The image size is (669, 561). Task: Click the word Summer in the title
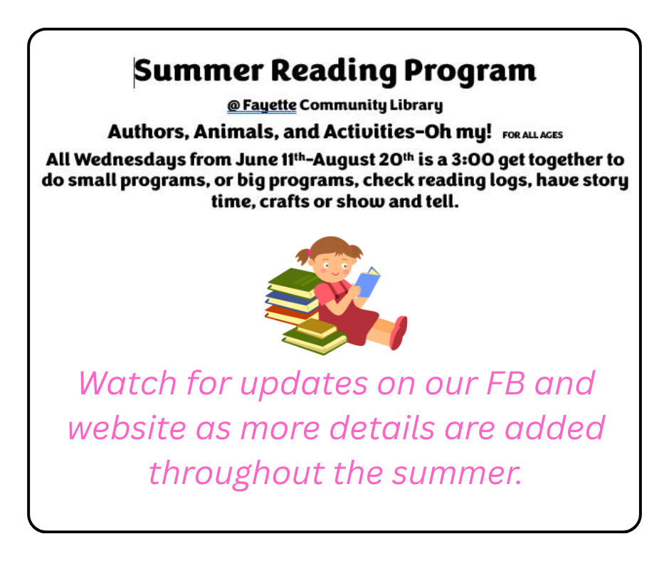click(199, 70)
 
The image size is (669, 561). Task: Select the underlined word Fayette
click(270, 105)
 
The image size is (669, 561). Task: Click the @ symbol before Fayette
click(234, 105)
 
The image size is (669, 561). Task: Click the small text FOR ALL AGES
click(532, 135)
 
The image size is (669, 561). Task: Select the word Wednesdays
click(130, 159)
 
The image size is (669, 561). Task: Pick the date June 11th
click(270, 159)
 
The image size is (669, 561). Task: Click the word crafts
click(285, 201)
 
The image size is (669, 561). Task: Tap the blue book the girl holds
click(367, 282)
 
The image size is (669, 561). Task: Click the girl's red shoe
click(399, 332)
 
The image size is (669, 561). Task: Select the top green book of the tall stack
click(293, 282)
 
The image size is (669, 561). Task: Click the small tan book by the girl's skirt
click(317, 328)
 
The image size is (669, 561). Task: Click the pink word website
click(127, 428)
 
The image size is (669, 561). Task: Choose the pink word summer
click(456, 473)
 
